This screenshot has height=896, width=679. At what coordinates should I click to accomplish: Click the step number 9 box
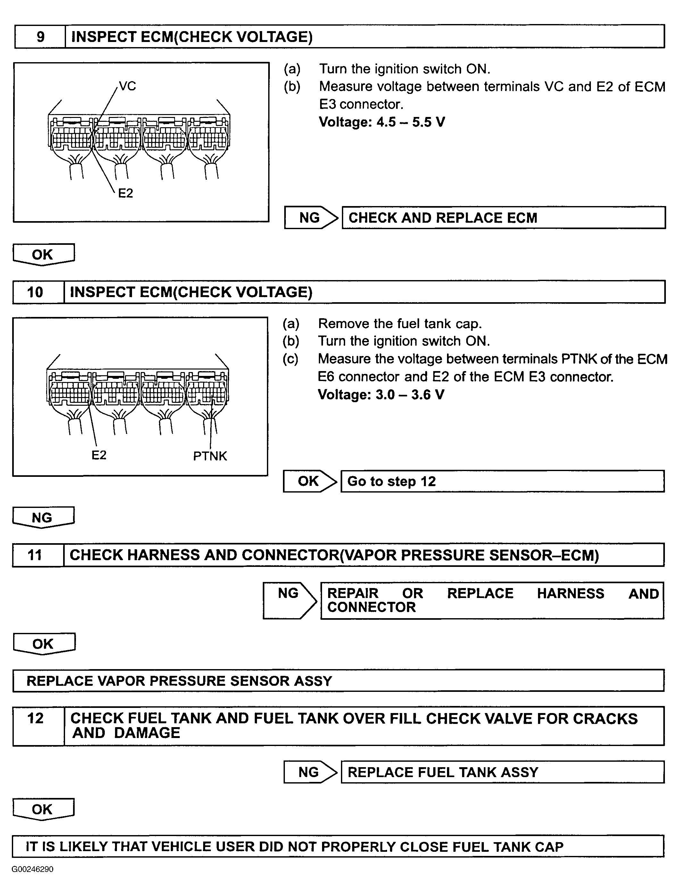[x=40, y=37]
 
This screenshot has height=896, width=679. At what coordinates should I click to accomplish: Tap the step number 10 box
[x=35, y=292]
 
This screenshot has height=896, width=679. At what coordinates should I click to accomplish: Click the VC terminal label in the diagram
[x=127, y=86]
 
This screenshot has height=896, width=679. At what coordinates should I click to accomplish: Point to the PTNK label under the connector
[x=210, y=456]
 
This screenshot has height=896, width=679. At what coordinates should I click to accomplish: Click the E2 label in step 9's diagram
[x=125, y=193]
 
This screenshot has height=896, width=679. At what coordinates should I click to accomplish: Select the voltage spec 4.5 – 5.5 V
[x=382, y=122]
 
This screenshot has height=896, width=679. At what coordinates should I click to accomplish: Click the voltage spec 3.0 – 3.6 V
[x=381, y=394]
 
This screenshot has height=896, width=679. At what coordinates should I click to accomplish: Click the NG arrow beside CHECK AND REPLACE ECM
[x=310, y=218]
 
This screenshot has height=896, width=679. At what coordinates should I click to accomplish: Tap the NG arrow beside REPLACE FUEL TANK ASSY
[x=310, y=772]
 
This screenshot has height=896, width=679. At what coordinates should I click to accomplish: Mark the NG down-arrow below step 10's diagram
[x=43, y=518]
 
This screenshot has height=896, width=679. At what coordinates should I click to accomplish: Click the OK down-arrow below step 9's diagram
[x=43, y=255]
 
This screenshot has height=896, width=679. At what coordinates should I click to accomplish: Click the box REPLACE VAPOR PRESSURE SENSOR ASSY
[x=179, y=681]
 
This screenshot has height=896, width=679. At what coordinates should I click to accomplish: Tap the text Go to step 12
[x=391, y=481]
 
